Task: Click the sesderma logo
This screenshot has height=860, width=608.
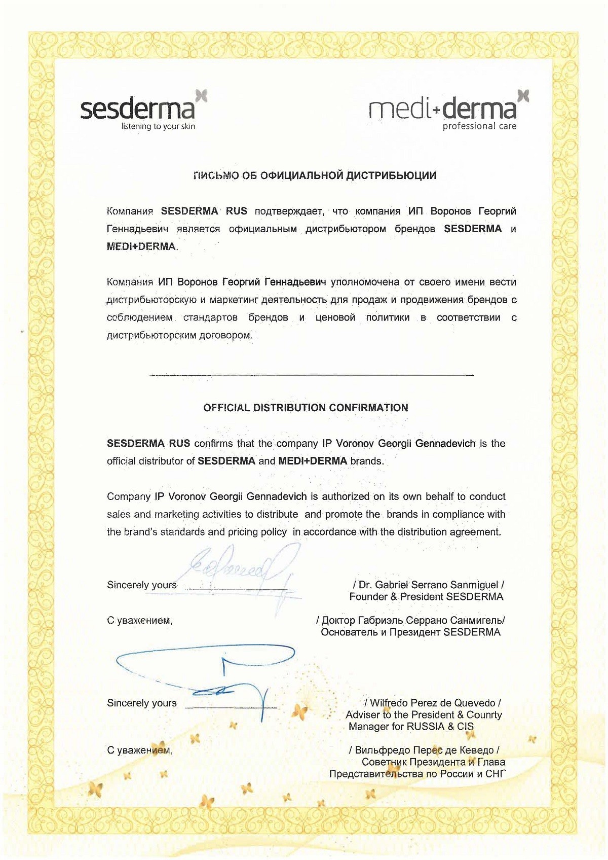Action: click(x=138, y=109)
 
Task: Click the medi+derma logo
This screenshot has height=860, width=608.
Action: click(x=443, y=108)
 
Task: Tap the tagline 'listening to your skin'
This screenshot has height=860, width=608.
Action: click(x=158, y=126)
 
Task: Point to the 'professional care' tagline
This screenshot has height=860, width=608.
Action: click(x=479, y=126)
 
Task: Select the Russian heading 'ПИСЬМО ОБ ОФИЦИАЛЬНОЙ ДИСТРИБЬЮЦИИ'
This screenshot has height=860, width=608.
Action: click(x=315, y=176)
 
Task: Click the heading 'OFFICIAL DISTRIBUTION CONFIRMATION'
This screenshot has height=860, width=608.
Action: click(x=306, y=408)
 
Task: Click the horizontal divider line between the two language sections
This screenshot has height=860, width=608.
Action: click(x=311, y=375)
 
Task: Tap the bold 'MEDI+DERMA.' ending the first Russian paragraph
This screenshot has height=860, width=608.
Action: click(x=142, y=247)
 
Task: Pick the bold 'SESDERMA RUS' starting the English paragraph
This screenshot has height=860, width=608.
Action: click(x=148, y=444)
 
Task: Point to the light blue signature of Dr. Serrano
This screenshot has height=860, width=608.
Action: click(x=238, y=568)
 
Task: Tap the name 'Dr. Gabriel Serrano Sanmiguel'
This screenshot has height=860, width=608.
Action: click(x=428, y=585)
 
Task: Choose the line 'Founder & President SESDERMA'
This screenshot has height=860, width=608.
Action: click(x=426, y=597)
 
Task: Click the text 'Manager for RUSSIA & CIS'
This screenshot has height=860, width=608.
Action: click(x=411, y=727)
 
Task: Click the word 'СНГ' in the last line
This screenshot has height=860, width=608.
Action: click(x=495, y=774)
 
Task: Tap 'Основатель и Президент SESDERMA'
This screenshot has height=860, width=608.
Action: click(x=410, y=632)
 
